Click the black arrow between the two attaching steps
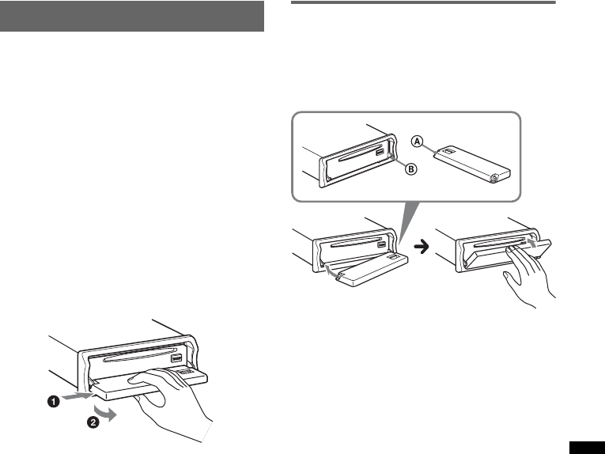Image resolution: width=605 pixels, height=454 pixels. pyautogui.click(x=422, y=247)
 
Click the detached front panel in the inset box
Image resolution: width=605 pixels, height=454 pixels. pyautogui.click(x=469, y=164)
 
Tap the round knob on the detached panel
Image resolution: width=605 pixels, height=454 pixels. pyautogui.click(x=495, y=179)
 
